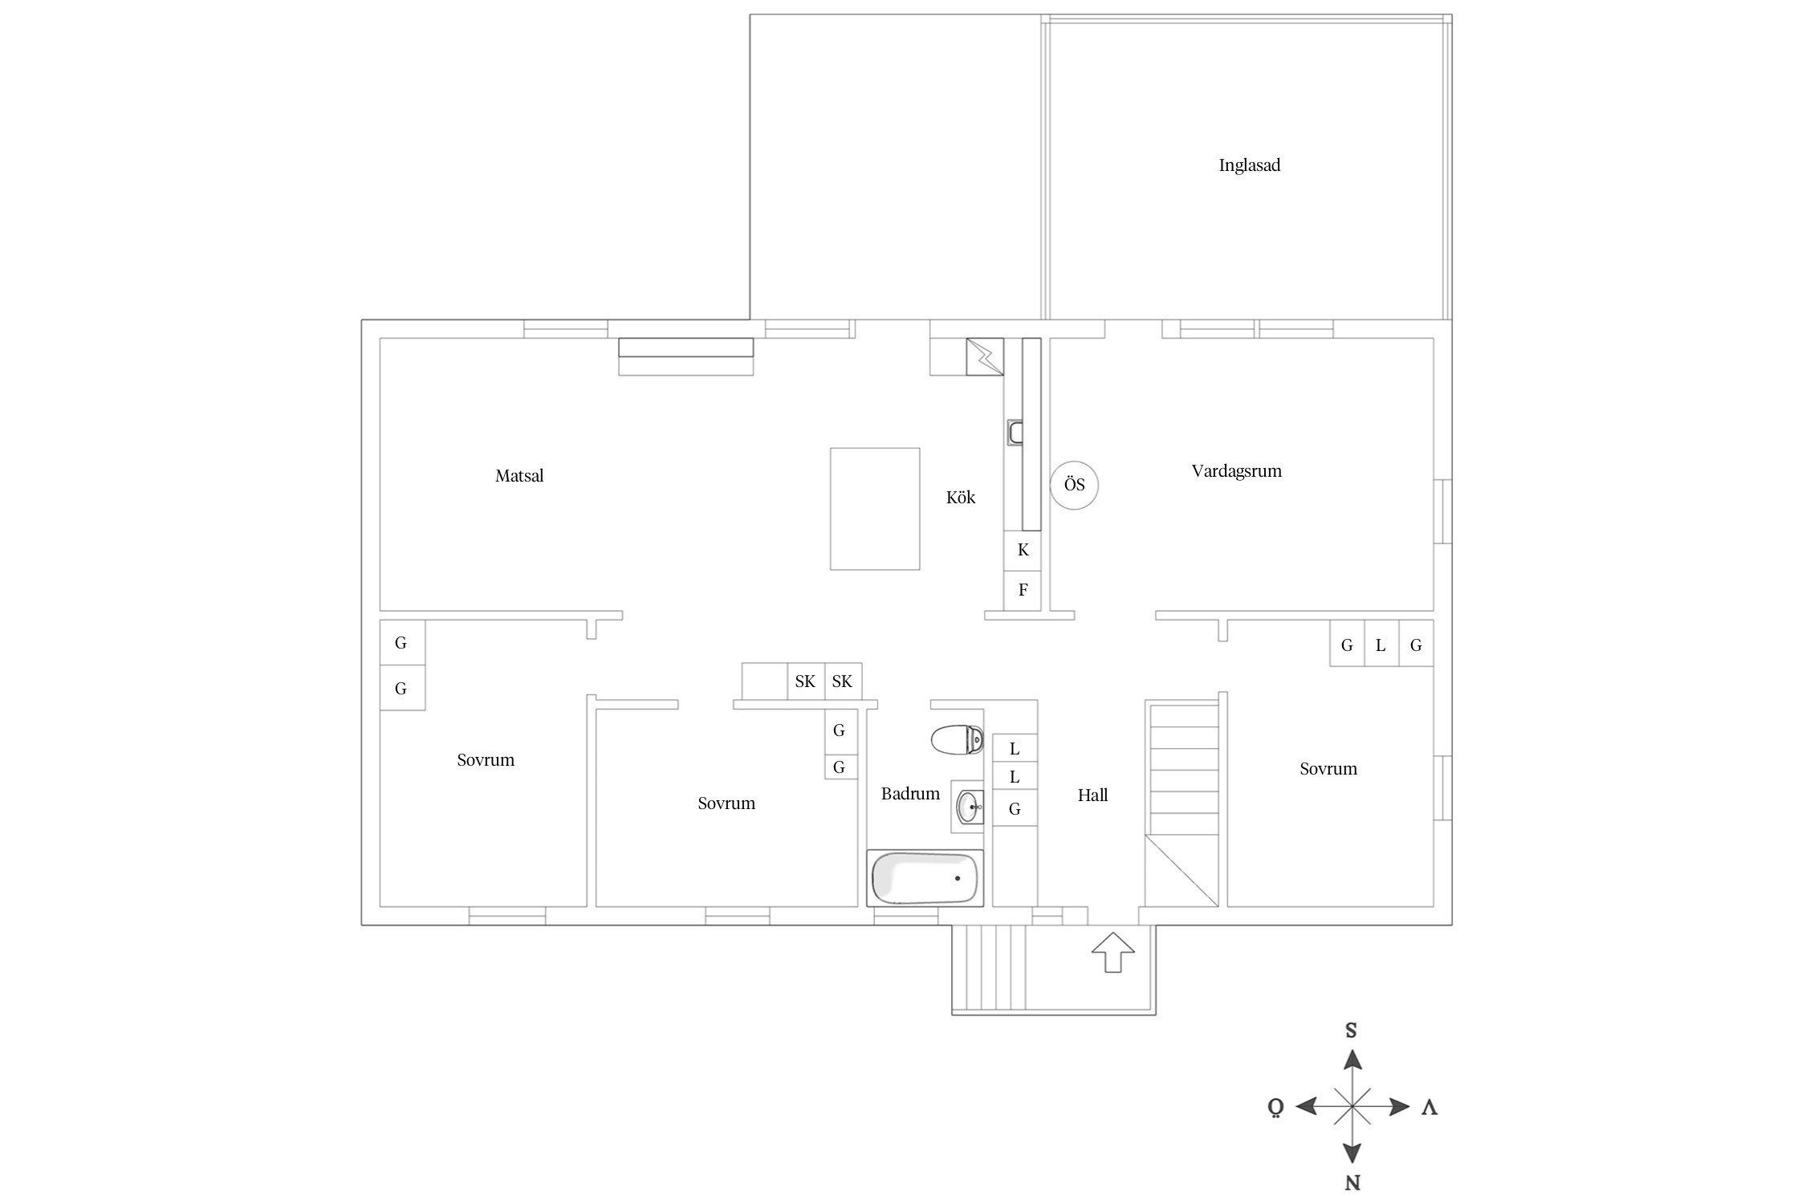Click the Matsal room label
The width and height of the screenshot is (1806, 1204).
pos(519,476)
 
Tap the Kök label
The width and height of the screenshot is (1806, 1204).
pos(960,498)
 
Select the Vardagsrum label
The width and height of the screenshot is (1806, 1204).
pos(1236,471)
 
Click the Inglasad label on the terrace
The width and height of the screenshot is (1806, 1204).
pos(1249,165)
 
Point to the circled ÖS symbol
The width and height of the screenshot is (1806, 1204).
pos(1074,485)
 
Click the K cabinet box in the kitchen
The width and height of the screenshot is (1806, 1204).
pos(1023,551)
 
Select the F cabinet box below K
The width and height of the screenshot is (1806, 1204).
pos(1023,591)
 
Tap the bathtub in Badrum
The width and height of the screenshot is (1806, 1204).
pos(925,878)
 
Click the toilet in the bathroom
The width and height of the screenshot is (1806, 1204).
pos(957,739)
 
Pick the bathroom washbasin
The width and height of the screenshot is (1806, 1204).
pos(969,807)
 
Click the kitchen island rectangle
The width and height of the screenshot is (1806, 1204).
pos(874,509)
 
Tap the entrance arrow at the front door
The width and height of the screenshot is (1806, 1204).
pos(1112,952)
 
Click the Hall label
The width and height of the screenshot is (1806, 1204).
pos(1092,795)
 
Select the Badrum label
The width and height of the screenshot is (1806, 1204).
pos(910,794)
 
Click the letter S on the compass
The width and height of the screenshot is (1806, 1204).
pos(1351,1031)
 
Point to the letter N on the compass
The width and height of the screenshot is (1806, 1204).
pos(1352,1182)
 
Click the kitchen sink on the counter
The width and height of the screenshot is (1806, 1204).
pos(1015,433)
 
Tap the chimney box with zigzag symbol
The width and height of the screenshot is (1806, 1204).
pos(985,356)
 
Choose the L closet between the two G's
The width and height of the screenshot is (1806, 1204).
pos(1381,645)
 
